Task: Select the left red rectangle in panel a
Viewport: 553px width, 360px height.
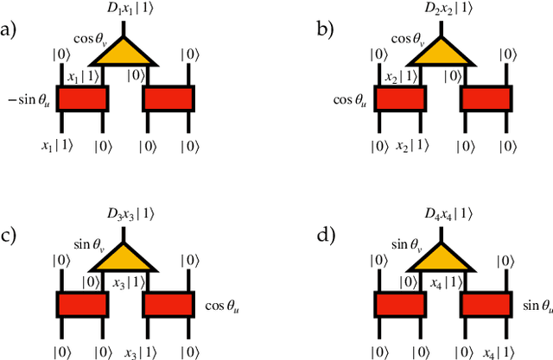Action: (82, 98)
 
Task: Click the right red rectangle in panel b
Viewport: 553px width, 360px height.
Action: (486, 98)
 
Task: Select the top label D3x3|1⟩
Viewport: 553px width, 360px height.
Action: (125, 213)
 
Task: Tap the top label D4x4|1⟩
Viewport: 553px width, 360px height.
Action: (443, 213)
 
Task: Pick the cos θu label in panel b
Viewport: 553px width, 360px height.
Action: (351, 99)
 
